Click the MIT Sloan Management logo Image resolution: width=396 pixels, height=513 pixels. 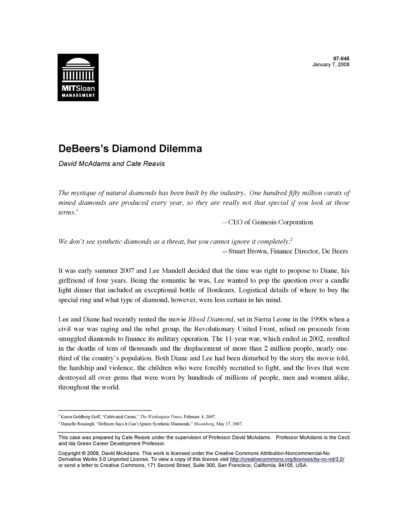(78, 77)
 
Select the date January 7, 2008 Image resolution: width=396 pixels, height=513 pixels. (331, 65)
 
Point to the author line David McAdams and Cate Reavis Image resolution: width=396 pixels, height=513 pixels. (112, 164)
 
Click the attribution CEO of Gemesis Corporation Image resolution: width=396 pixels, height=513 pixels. (270, 222)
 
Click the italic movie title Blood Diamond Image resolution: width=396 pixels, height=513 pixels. (211, 319)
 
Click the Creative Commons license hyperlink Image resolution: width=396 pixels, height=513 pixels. (287, 459)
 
